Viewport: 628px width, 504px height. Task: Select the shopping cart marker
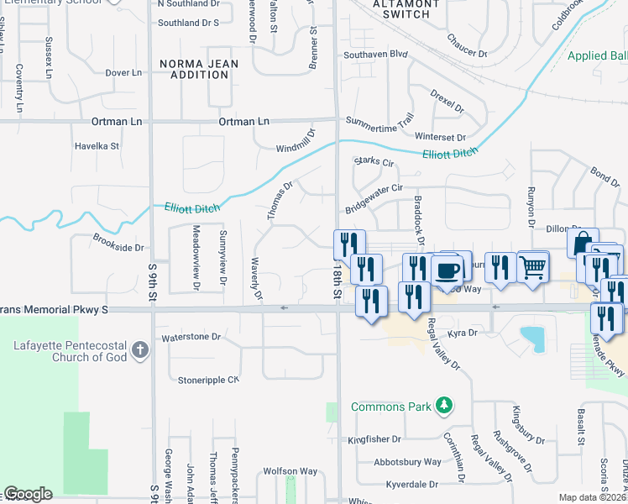[533, 267]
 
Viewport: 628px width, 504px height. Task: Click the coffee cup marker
[448, 270]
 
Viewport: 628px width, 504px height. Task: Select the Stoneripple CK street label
[208, 380]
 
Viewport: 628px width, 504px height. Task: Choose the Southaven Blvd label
[374, 55]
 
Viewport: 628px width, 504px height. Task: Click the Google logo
[29, 494]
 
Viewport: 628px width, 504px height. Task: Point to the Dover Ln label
[123, 73]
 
